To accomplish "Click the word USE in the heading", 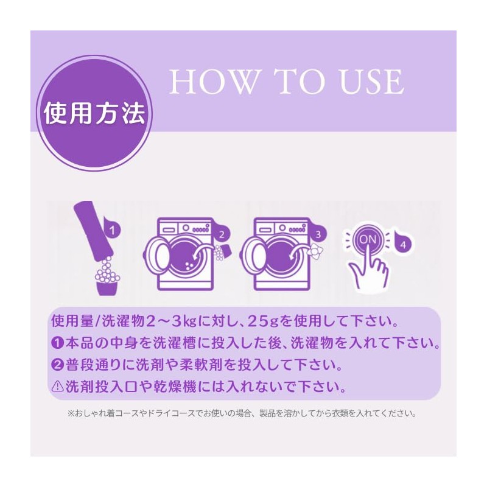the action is [372, 82].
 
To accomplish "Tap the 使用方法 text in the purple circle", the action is [94, 114].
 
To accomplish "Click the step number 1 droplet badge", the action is [112, 229].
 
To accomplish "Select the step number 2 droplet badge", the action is [221, 234].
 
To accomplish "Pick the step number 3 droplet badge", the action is [317, 234].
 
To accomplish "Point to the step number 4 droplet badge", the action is [403, 244].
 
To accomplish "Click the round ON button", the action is [368, 240].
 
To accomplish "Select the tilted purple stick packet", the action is [89, 233].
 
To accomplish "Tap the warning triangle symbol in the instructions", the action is [58, 386].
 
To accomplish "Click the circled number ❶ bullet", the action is [58, 343].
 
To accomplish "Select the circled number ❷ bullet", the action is [58, 365].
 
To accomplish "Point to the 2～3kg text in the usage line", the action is [171, 322].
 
